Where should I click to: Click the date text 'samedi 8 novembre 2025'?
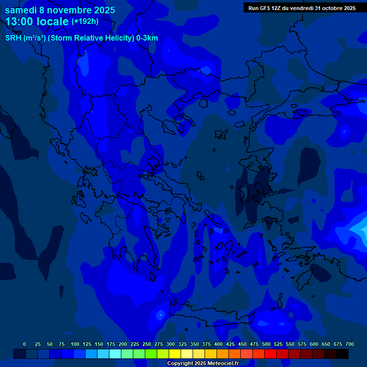click(x=60, y=10)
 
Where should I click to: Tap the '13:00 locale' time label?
click(x=37, y=22)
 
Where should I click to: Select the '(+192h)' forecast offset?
click(x=85, y=21)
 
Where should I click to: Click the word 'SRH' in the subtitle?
click(x=13, y=38)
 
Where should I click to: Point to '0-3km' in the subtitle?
click(x=147, y=38)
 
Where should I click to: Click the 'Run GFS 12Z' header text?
click(x=267, y=8)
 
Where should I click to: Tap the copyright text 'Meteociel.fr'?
click(x=220, y=364)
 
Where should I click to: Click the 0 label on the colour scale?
click(x=24, y=344)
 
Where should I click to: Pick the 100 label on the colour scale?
click(x=75, y=344)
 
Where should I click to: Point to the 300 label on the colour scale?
click(x=171, y=344)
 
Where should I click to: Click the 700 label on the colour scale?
click(x=350, y=344)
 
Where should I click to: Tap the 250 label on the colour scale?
click(x=147, y=344)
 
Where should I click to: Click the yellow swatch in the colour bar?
click(x=175, y=354)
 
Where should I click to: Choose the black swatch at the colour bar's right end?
click(x=342, y=354)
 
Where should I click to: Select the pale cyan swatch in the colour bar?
click(x=115, y=354)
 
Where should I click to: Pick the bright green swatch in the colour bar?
click(x=151, y=354)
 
